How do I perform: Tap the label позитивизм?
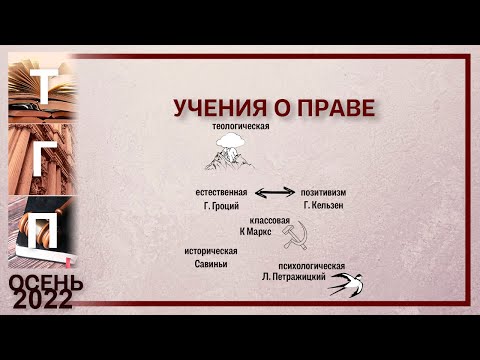(322, 190)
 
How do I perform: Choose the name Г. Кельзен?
(323, 204)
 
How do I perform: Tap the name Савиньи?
(211, 264)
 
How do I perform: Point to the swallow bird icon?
(347, 282)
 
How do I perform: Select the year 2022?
(43, 301)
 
